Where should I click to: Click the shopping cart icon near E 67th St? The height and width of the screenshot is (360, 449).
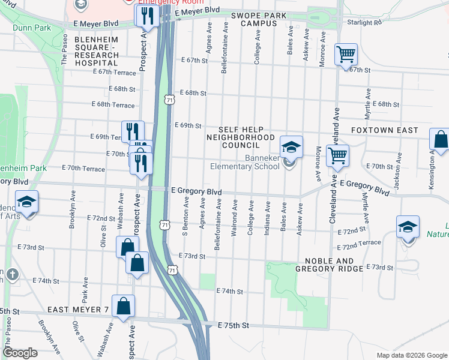[346, 55]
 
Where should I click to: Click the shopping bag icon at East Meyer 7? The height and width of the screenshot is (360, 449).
[123, 305]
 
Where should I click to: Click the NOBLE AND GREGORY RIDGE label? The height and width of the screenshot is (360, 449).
[329, 265]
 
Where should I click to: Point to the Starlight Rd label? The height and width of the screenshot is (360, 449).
[364, 22]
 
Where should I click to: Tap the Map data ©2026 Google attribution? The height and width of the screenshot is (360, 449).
[411, 355]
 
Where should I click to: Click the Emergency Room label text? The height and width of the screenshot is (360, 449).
[163, 2]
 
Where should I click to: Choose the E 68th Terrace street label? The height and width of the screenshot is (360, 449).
[113, 105]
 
